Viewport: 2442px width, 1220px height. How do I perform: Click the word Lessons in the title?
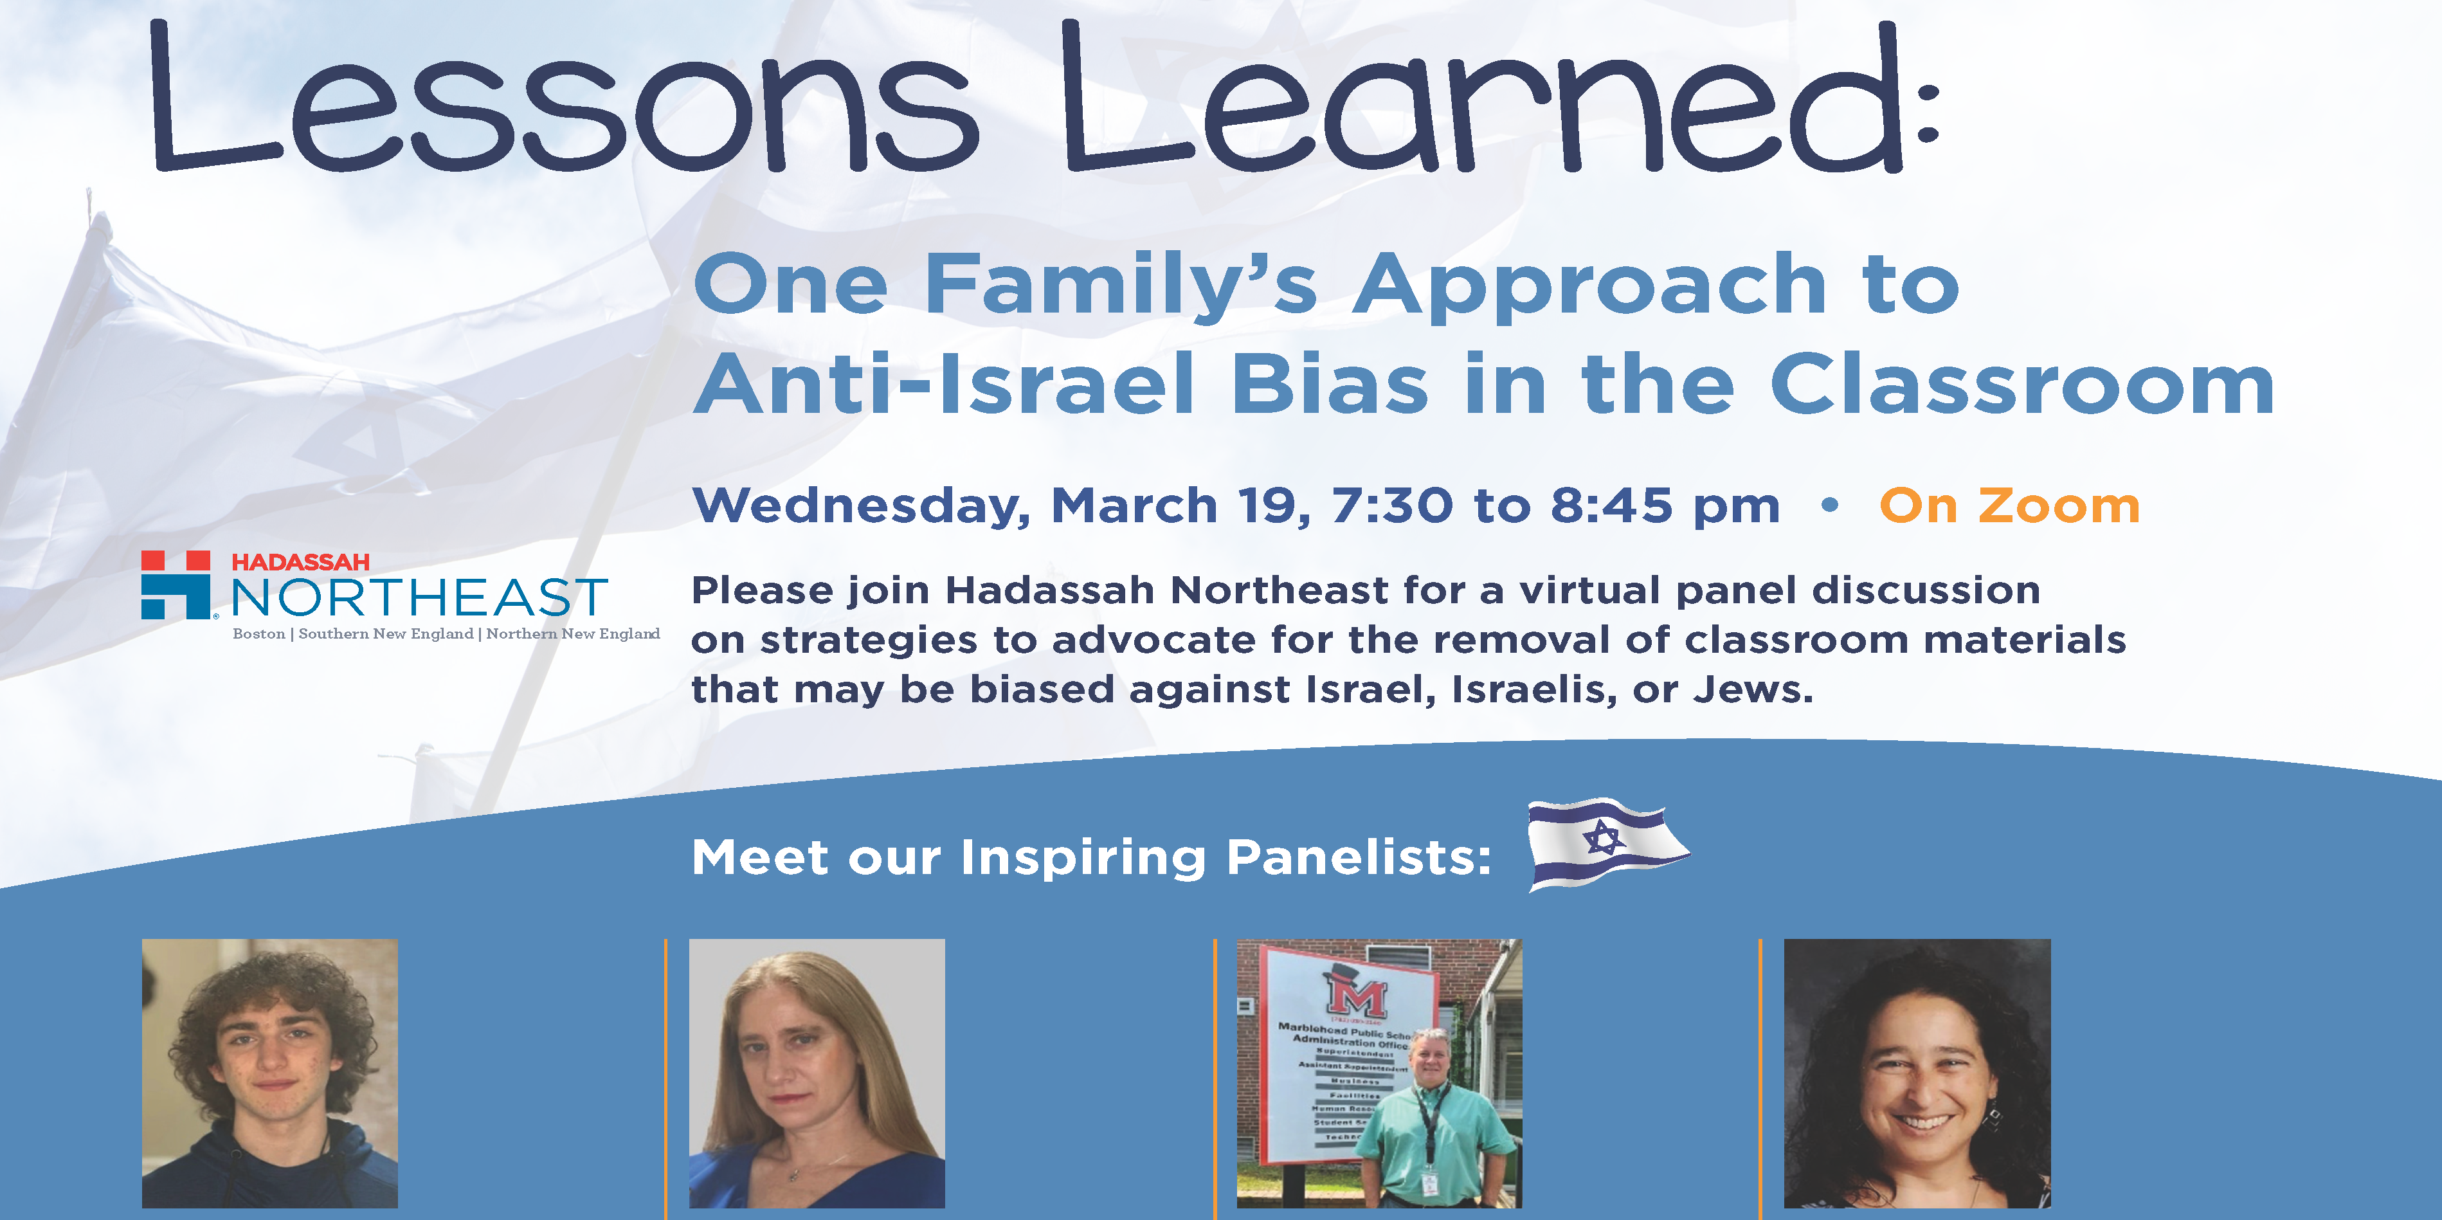559,100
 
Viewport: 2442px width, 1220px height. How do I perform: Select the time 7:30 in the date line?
1391,505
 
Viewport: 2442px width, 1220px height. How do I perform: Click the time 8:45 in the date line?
1611,505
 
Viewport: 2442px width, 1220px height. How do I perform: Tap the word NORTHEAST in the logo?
419,597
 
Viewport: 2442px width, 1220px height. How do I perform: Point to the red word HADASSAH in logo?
300,562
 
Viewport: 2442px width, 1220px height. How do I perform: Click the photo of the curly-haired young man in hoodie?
270,1073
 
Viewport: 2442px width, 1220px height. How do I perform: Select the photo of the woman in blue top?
816,1073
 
